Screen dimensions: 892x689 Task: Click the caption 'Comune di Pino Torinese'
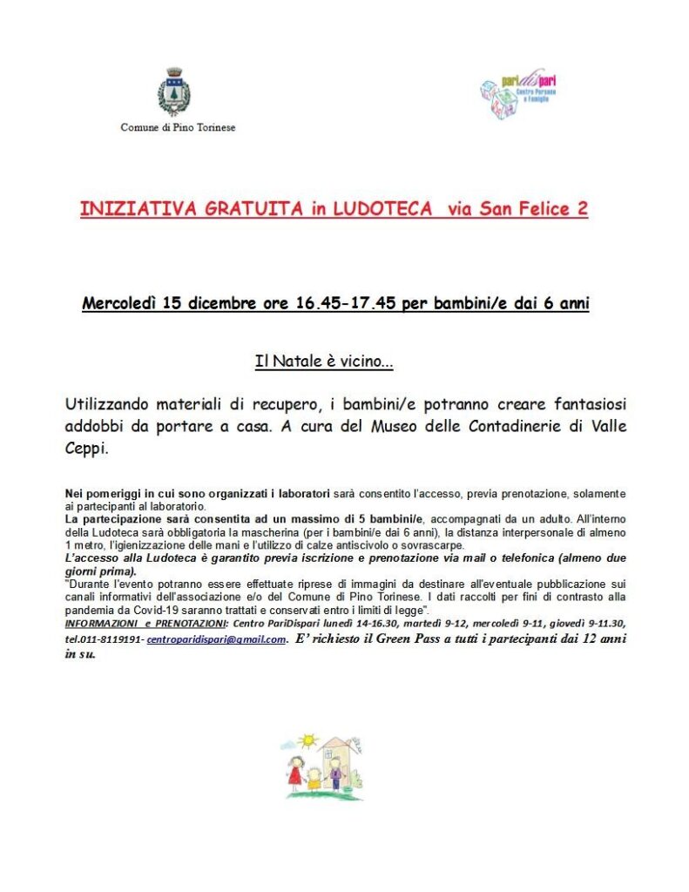click(178, 127)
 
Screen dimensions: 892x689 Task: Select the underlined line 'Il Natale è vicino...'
click(323, 362)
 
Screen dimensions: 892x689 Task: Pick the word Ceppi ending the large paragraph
click(85, 449)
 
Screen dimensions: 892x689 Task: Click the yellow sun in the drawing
click(307, 740)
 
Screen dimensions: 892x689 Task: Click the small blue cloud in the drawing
click(287, 745)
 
